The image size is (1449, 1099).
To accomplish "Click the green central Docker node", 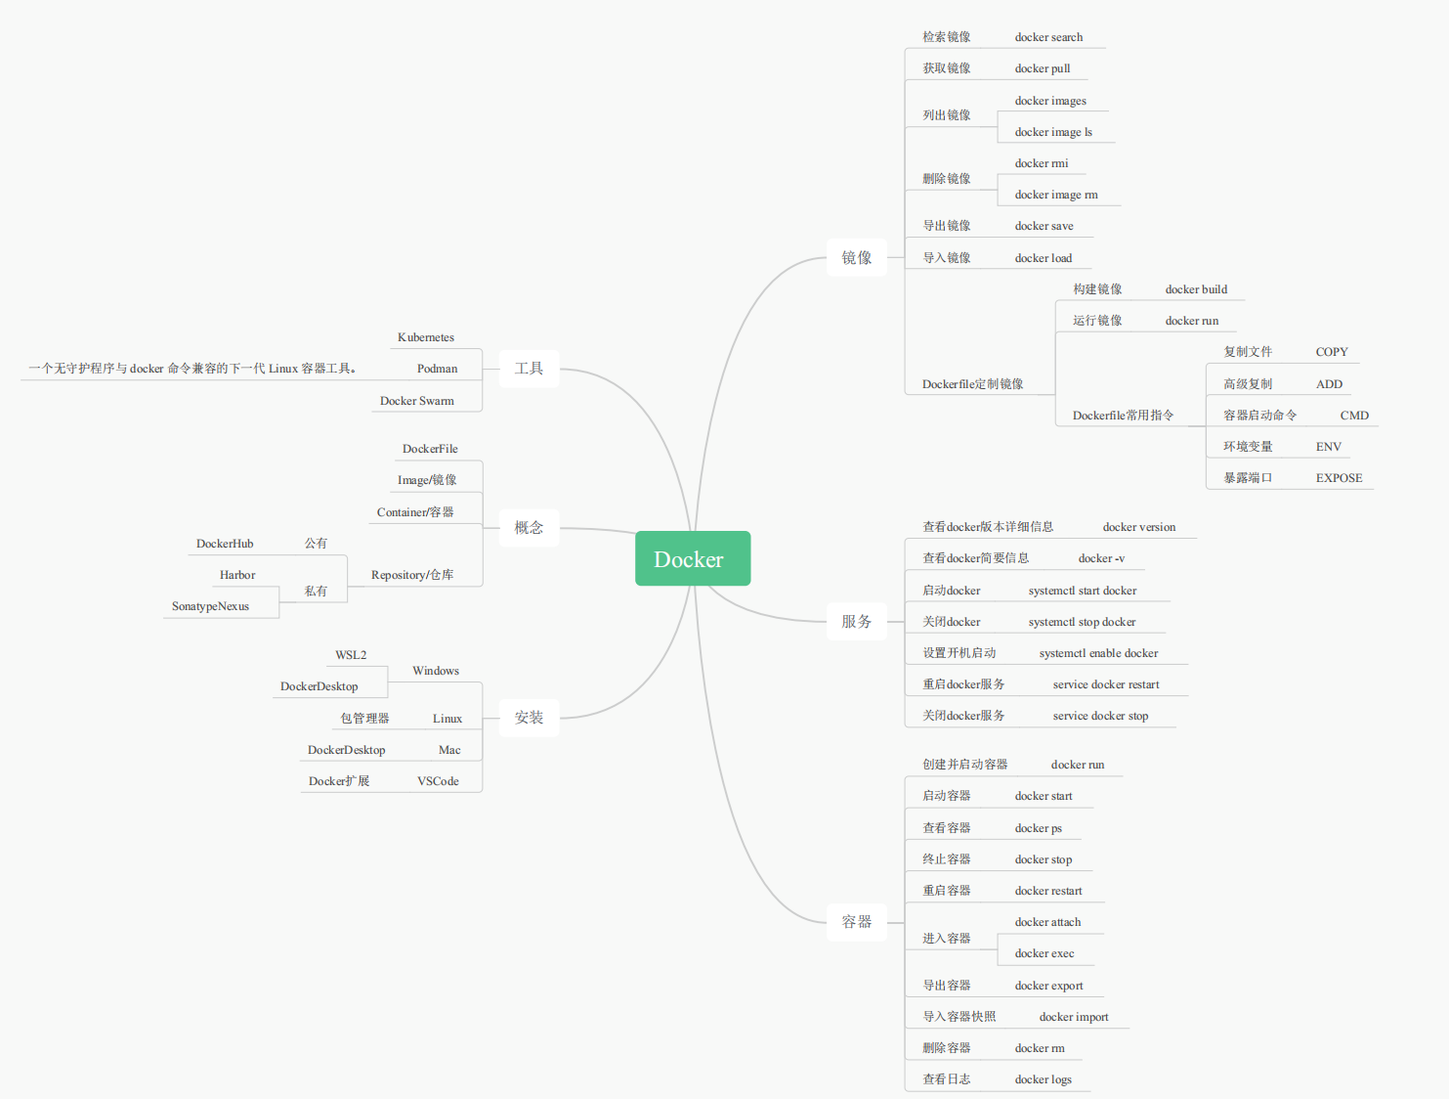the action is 692,559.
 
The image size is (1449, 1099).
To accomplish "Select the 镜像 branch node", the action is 856,258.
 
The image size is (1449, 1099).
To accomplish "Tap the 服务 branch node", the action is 856,622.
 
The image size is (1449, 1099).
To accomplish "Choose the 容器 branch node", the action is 856,922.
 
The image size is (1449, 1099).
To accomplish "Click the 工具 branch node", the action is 529,369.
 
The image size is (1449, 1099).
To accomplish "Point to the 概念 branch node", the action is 529,528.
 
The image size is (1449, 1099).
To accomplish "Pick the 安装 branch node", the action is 529,718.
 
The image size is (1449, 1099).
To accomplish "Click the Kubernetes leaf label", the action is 426,337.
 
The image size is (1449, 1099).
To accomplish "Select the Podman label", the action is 437,369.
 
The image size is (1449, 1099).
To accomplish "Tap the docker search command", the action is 1048,37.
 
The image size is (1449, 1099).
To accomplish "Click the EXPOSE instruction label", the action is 1339,478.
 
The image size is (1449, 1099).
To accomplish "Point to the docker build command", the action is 1196,289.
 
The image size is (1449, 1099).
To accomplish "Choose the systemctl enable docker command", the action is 1098,653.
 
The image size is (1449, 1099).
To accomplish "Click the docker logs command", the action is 1043,1079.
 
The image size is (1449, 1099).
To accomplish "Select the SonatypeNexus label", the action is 210,606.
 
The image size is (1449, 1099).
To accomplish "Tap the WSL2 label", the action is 351,655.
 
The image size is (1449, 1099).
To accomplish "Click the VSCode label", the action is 438,781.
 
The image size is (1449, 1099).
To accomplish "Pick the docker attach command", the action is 1047,922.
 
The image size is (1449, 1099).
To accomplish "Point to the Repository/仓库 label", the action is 412,575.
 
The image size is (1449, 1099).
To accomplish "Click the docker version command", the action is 1139,527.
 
